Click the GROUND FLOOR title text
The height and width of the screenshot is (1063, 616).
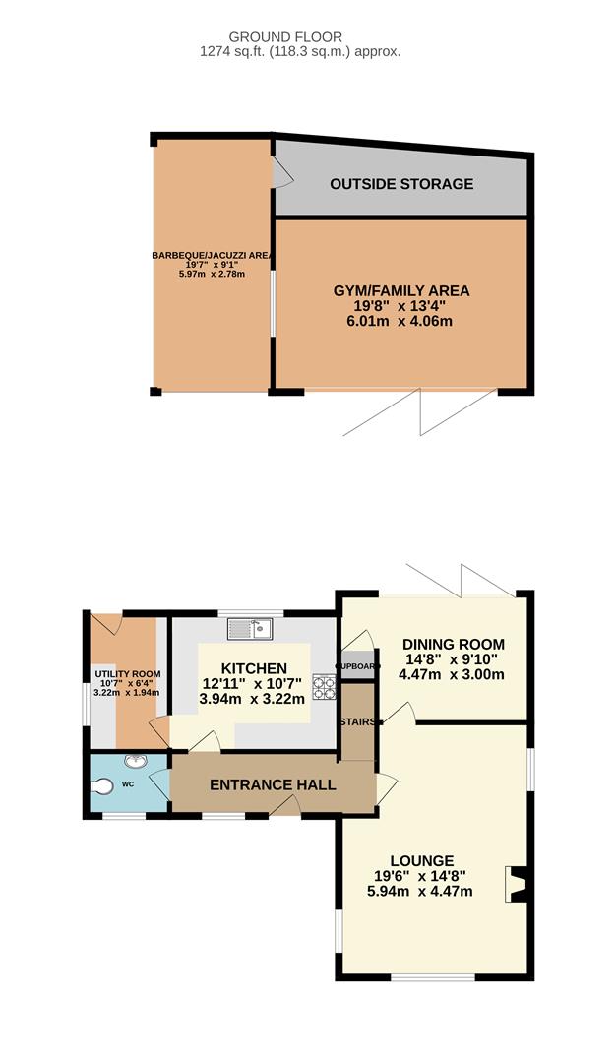click(x=285, y=37)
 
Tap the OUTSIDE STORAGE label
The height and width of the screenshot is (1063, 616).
click(x=401, y=184)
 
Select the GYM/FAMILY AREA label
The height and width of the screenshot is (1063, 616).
click(x=401, y=290)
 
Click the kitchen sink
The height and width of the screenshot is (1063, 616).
click(x=249, y=629)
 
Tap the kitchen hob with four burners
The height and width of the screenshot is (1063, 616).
click(x=324, y=687)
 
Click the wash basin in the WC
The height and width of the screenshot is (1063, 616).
click(x=136, y=761)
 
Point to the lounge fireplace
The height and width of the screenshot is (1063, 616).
click(x=516, y=884)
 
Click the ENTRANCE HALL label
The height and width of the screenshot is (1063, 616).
click(x=273, y=785)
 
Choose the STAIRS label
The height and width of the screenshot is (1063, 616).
click(x=358, y=722)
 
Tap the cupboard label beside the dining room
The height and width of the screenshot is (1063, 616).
click(x=358, y=666)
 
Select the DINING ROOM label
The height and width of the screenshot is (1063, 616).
click(x=454, y=644)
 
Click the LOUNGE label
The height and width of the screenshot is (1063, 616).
click(x=421, y=861)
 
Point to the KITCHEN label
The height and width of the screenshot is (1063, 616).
click(x=254, y=668)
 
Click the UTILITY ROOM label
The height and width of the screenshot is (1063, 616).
click(x=127, y=674)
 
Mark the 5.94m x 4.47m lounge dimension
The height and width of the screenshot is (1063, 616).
click(x=420, y=892)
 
